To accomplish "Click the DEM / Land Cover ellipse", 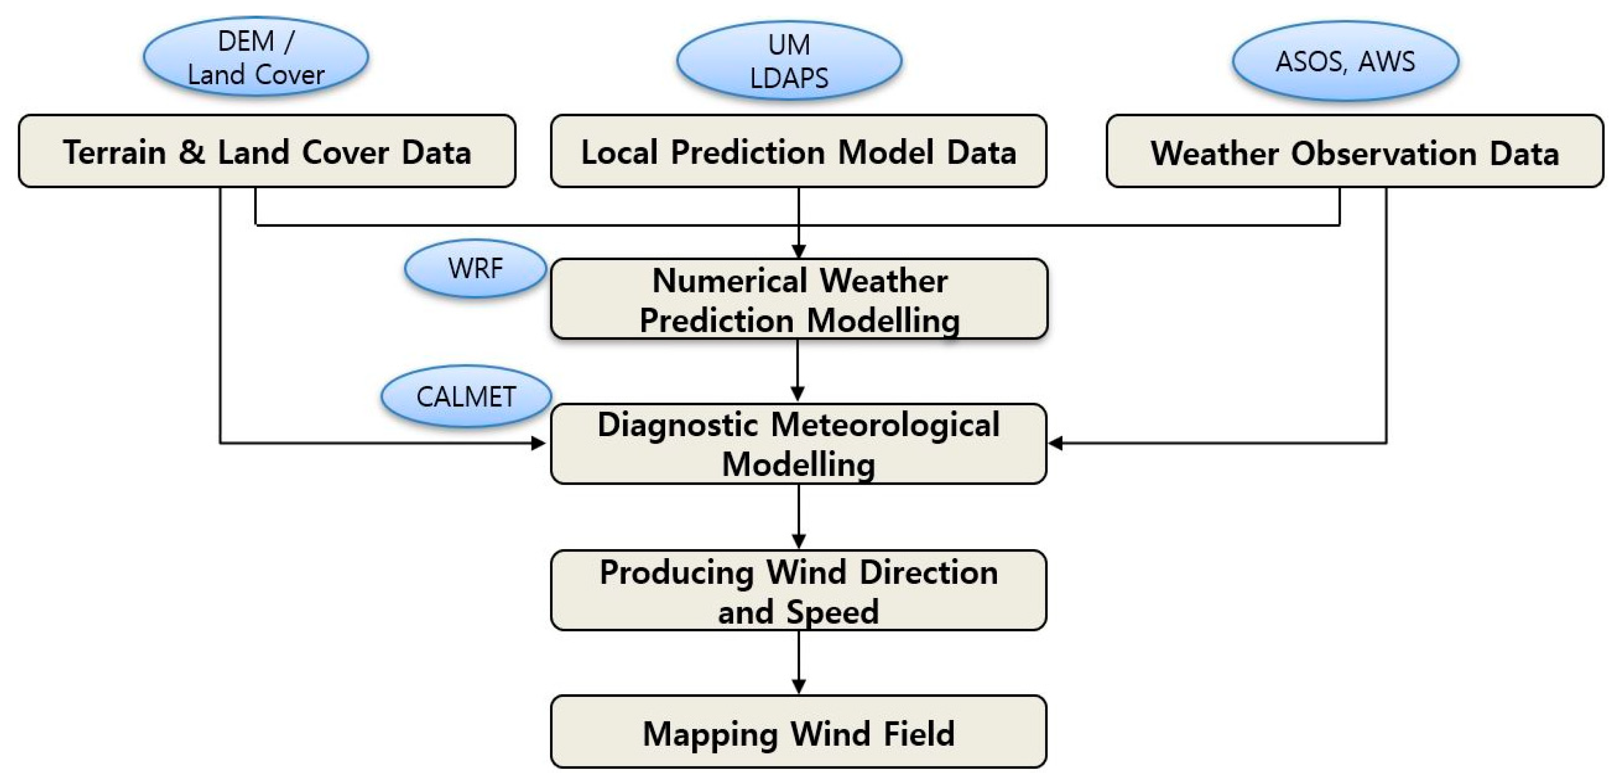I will tap(256, 57).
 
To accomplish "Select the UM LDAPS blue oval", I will tap(789, 61).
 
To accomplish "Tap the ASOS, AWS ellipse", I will tap(1346, 61).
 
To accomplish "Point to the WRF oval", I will tap(475, 269).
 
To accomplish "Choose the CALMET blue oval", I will tap(466, 396).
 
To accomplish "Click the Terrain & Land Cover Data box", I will tap(267, 151).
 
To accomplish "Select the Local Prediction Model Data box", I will tap(798, 151).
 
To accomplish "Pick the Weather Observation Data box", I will tap(1355, 151).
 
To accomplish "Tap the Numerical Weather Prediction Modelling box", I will tap(799, 299).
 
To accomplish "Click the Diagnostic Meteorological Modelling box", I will tap(798, 444).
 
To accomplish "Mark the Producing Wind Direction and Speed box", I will tap(798, 590).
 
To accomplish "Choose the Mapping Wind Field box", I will tap(798, 732).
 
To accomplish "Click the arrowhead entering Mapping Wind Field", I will tap(799, 687).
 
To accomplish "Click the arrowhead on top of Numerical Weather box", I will tap(799, 251).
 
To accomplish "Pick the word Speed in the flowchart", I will tap(832, 612).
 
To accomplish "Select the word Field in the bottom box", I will tap(919, 733).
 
